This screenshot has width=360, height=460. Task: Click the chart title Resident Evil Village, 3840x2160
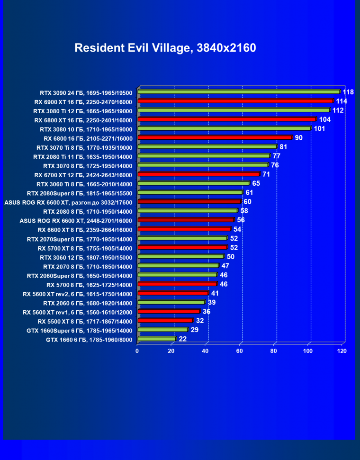tap(165, 48)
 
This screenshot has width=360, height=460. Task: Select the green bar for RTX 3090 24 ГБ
tap(239, 91)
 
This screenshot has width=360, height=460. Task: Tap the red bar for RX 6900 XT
tap(235, 101)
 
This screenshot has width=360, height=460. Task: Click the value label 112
tap(338, 110)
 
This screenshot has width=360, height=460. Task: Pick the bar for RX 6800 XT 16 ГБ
tap(227, 119)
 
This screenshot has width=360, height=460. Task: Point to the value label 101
tap(319, 128)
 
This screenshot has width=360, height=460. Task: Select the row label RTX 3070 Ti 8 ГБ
tap(82, 147)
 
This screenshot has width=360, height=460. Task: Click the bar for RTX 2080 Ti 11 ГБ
tap(204, 156)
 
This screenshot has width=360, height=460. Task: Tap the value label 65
tap(256, 183)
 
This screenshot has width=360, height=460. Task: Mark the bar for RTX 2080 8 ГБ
tap(188, 211)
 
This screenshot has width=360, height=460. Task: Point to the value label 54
tap(237, 229)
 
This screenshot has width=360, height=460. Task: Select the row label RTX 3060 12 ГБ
tap(86, 257)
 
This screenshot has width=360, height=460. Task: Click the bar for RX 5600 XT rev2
tap(173, 293)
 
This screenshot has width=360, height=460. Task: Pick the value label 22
tap(183, 339)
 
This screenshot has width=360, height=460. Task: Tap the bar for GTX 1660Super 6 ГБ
tap(162, 330)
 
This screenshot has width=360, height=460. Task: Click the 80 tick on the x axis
tap(274, 351)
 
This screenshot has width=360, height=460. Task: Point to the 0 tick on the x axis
tap(137, 351)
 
